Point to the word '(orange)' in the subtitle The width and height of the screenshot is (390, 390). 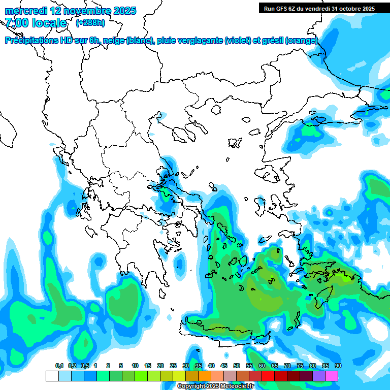point(302,41)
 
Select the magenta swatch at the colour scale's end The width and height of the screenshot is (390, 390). point(332,376)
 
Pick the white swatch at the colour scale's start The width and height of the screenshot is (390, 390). point(52,376)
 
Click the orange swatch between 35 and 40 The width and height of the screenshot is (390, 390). point(205,376)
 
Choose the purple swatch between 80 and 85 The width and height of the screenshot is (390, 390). point(319,376)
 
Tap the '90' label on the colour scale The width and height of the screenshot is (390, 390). point(338,366)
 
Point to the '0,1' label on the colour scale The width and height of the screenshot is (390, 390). point(59,366)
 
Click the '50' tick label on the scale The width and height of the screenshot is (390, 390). point(237,366)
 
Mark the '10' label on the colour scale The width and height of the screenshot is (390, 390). point(135,366)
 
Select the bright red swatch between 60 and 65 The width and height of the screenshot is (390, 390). point(268,376)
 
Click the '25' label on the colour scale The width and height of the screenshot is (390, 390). point(173,366)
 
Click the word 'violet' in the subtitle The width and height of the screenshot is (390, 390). point(238,41)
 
